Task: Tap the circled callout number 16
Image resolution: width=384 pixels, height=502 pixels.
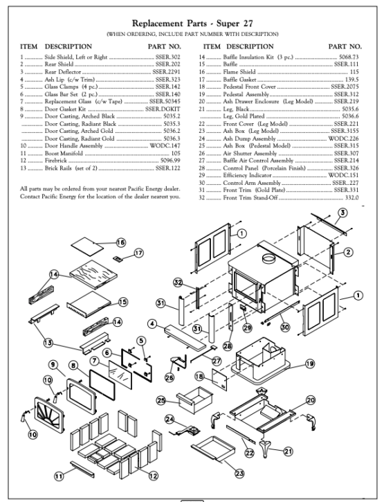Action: click(x=120, y=243)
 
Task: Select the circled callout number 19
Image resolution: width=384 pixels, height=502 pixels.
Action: click(x=310, y=363)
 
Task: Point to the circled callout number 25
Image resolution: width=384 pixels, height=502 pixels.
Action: click(x=161, y=400)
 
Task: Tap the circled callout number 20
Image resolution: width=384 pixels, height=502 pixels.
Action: click(x=310, y=400)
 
